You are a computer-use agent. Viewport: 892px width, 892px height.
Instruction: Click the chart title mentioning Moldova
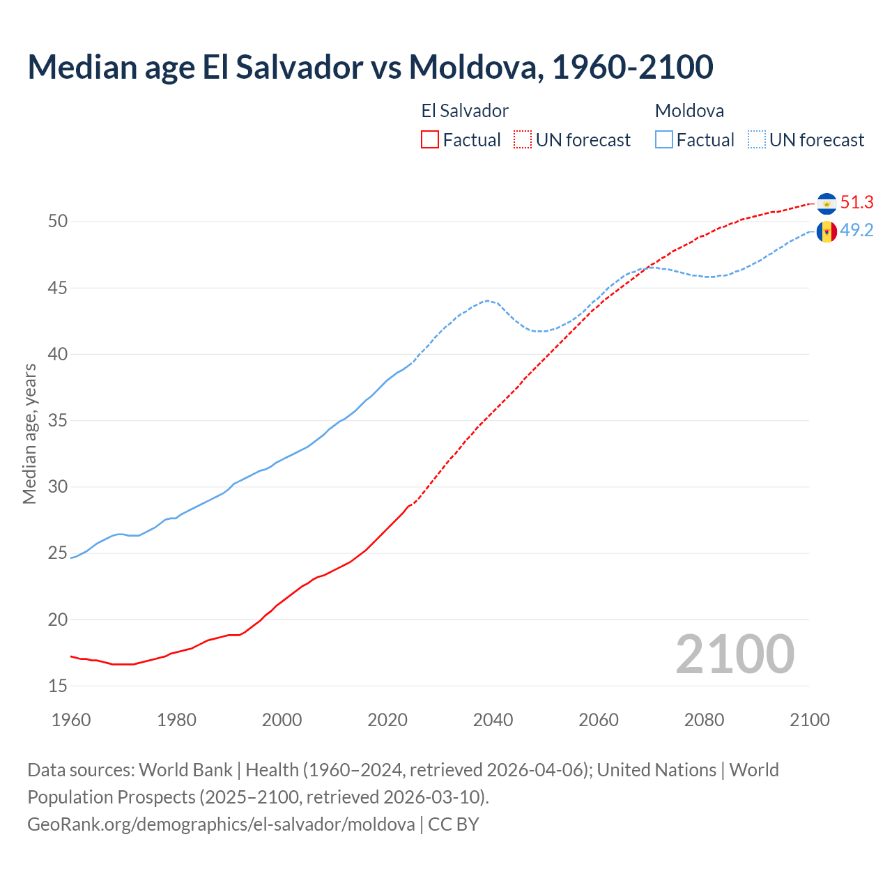pos(370,67)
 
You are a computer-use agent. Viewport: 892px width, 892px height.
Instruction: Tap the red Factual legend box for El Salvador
pos(430,140)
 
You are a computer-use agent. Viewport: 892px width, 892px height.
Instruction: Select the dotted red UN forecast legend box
pos(523,140)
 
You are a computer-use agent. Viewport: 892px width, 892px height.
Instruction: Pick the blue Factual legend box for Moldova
pos(664,140)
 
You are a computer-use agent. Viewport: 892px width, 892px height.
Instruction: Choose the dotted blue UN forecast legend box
pos(757,140)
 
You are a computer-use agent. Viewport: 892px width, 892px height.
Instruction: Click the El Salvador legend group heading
pos(465,111)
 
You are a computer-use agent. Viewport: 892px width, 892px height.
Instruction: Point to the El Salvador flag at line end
pos(826,203)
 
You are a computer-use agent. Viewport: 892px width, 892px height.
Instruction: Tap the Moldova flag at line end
pos(826,231)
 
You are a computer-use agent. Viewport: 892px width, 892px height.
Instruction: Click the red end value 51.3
pos(856,203)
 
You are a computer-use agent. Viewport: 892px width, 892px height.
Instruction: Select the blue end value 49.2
pos(856,231)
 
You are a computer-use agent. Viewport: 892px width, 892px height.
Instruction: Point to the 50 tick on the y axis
pos(58,222)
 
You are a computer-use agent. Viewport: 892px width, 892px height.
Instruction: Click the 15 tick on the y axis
pos(58,686)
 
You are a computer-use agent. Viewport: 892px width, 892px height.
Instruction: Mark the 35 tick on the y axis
pos(58,421)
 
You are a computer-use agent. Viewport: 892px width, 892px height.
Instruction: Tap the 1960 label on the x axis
pos(71,720)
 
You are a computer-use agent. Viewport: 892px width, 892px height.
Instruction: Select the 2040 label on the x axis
pos(493,720)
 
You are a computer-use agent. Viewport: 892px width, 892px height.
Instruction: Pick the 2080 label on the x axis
pos(704,720)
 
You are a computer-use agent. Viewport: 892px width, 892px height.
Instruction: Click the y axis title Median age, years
pos(29,433)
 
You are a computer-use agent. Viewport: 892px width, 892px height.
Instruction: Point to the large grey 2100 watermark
pos(735,654)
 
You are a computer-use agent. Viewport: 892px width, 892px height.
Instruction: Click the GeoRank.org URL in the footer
pos(221,824)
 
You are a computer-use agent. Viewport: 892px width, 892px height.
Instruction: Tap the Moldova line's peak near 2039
pos(487,300)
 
